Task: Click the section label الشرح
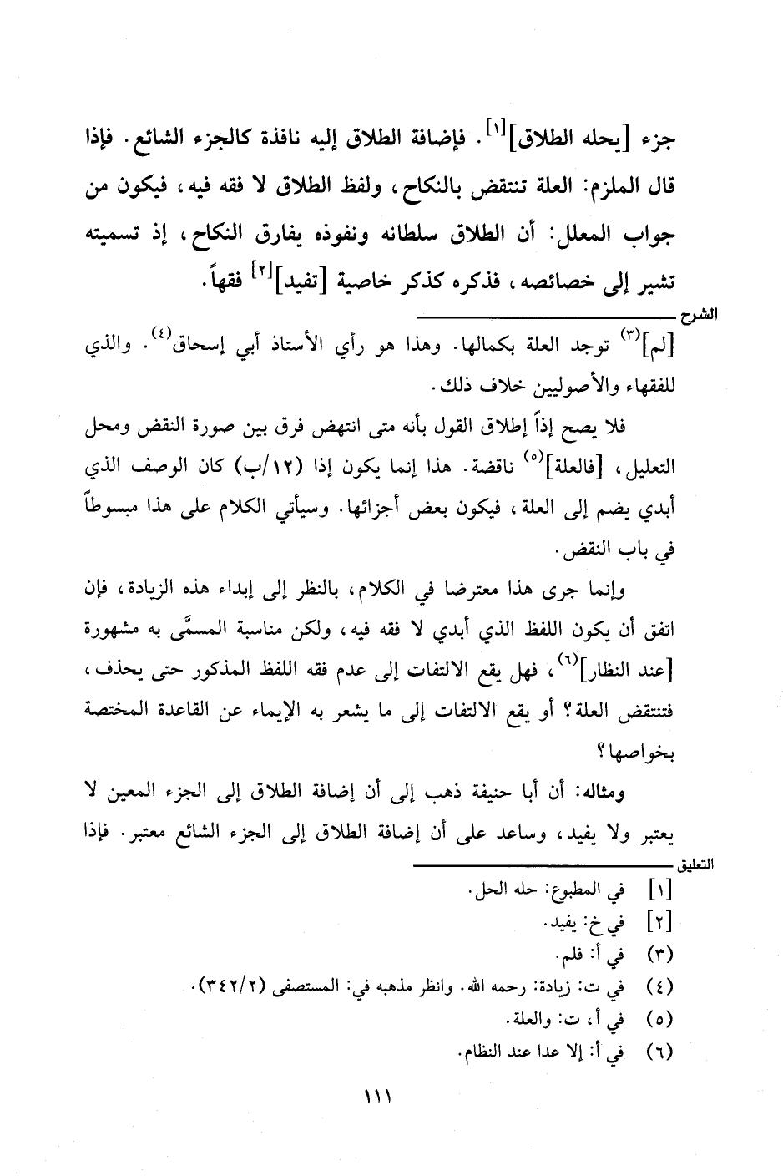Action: (x=695, y=318)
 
